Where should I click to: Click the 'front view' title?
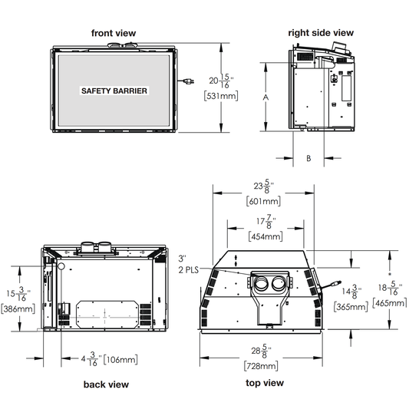coord(114,33)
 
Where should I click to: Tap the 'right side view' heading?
coord(321,32)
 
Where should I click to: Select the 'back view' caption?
coord(106,384)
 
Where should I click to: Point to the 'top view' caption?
coord(265,383)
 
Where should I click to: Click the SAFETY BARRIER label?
coord(114,91)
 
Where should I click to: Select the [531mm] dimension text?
coord(221,96)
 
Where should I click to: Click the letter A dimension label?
coord(266,97)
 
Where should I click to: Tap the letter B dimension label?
coord(308,158)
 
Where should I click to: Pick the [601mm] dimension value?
coord(263,201)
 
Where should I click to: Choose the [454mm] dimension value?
coord(266,236)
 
